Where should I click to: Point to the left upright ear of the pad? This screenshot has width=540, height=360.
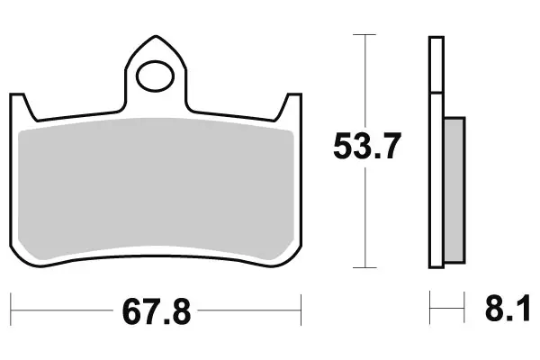click(21, 103)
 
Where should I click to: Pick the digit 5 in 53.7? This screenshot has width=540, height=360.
click(343, 146)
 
